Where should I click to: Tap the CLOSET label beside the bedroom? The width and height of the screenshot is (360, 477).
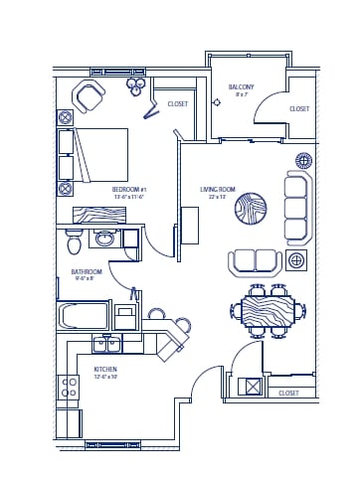tap(177, 103)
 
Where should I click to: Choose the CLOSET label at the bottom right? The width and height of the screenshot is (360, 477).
tap(288, 393)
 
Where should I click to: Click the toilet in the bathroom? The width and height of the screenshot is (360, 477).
tap(74, 241)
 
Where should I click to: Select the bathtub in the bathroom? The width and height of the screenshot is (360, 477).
tap(84, 316)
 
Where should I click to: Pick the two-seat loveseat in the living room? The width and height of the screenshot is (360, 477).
tap(255, 261)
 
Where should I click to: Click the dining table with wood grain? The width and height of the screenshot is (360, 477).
tap(269, 309)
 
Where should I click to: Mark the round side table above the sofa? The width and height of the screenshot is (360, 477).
tap(304, 160)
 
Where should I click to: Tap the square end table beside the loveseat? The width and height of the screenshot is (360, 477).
tap(295, 261)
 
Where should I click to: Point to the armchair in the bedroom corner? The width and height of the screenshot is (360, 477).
tap(89, 96)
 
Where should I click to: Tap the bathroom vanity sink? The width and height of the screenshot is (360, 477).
tap(104, 238)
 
